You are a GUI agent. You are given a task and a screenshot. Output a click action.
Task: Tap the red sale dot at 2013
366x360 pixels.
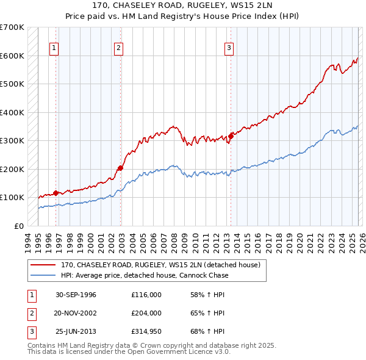click(231, 136)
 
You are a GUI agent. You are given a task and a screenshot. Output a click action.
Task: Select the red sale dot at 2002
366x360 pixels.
click(121, 168)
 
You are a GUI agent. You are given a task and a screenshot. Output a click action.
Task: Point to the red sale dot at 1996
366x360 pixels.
click(56, 193)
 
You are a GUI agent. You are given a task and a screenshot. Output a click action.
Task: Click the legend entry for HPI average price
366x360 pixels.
click(145, 275)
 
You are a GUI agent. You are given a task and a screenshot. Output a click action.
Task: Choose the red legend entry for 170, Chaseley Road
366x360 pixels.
click(160, 265)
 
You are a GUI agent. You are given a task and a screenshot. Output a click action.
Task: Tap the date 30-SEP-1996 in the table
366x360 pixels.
click(76, 295)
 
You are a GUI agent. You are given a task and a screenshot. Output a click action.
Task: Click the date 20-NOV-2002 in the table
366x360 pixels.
click(76, 313)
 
